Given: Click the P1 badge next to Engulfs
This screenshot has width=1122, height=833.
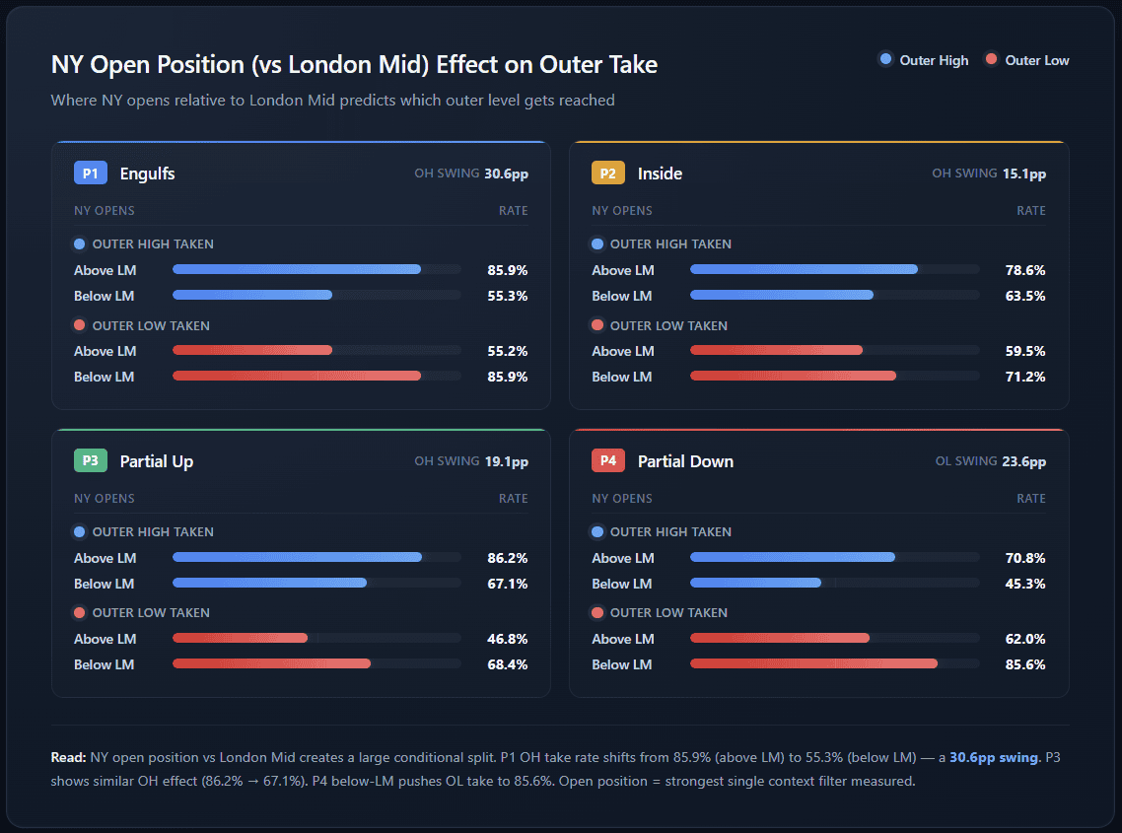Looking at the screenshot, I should point(90,174).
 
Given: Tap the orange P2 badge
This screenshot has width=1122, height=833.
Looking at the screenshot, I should point(608,174).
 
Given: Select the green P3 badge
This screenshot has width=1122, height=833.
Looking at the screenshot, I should point(90,461).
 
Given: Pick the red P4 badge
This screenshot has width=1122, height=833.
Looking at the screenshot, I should point(608,461).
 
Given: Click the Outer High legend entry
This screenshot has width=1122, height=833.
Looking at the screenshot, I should point(924,60).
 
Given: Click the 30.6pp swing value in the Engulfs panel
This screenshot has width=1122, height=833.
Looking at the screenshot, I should point(506,174).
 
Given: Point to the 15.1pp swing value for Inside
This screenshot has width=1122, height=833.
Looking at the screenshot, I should point(1024,174).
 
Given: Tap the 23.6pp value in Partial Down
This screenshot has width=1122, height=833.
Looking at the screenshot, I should point(1024,461).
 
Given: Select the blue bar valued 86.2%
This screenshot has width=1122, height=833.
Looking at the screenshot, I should point(297,558).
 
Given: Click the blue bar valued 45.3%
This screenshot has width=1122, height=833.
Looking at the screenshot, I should point(756,584).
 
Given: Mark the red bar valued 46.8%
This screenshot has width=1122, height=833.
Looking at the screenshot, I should point(240,639).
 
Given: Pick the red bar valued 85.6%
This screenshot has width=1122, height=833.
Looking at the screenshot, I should point(813,664).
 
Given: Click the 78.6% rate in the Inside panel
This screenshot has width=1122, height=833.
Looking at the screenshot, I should point(1025,270).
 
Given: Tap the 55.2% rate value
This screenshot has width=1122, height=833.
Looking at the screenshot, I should point(508,351).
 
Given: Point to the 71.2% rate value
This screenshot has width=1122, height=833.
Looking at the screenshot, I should point(1025,377).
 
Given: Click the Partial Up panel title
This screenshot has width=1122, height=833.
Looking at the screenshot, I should point(156,461).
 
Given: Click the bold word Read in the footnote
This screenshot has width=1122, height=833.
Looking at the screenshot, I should point(68,757).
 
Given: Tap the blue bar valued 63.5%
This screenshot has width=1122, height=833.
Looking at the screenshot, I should point(782,296).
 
